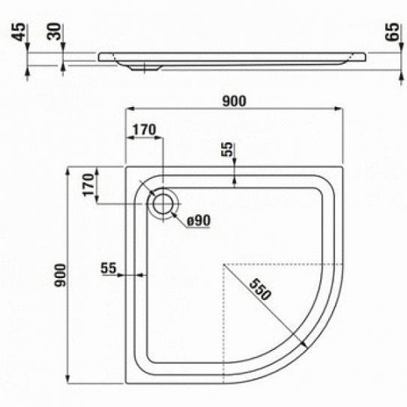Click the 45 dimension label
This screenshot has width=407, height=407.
(x=19, y=32)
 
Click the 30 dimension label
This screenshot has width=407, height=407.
(x=54, y=31)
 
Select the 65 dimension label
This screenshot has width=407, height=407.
(x=392, y=32)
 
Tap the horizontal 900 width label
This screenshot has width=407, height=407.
(x=234, y=101)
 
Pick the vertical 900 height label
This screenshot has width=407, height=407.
(x=60, y=275)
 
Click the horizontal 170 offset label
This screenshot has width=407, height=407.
(x=145, y=130)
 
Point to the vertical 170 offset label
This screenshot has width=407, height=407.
(x=88, y=185)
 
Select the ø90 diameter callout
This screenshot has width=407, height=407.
(x=199, y=220)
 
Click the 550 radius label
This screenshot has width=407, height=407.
(x=260, y=289)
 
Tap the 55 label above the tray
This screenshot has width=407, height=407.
(x=228, y=149)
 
